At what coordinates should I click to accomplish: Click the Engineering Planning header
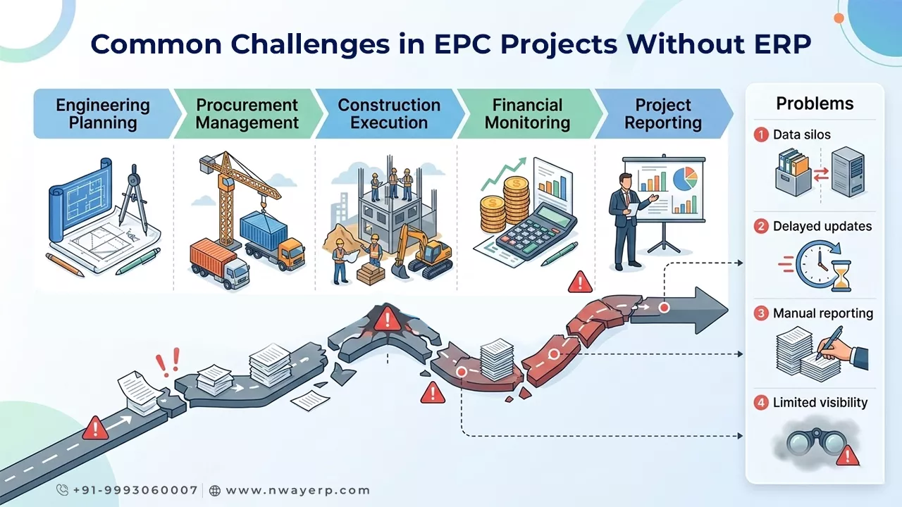103,114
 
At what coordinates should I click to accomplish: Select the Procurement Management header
247,114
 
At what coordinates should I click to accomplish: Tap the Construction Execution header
389,114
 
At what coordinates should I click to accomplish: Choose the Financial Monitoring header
528,114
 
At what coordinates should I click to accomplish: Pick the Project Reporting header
662,114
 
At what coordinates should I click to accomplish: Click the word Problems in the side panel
815,104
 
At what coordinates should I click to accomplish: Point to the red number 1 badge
761,134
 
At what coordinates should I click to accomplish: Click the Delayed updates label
822,226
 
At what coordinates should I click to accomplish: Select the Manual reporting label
822,313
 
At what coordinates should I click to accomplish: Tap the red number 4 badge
761,403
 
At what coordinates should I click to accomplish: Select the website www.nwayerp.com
298,490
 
